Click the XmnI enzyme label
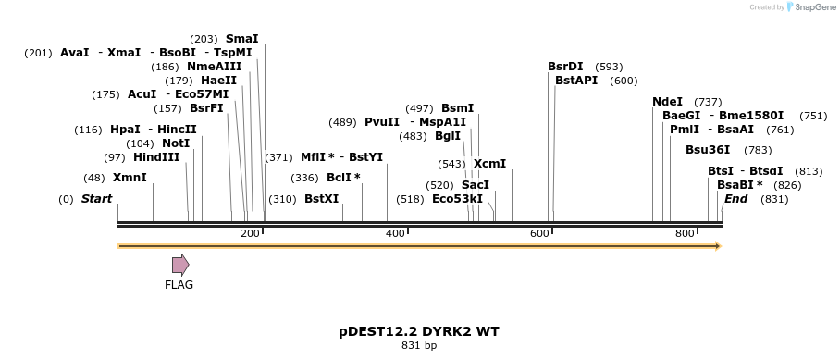pyautogui.click(x=130, y=178)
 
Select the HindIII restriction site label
pyautogui.click(x=156, y=157)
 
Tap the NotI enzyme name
pyautogui.click(x=175, y=143)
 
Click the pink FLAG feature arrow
pyautogui.click(x=179, y=265)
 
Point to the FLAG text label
pyautogui.click(x=179, y=285)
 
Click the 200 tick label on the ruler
pyautogui.click(x=250, y=234)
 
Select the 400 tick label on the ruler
pyautogui.click(x=395, y=234)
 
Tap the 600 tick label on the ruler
pyautogui.click(x=540, y=234)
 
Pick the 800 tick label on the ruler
pyautogui.click(x=685, y=234)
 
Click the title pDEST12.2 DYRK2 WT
pyautogui.click(x=419, y=331)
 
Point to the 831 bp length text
pyautogui.click(x=419, y=346)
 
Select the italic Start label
pyautogui.click(x=96, y=199)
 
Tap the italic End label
pyautogui.click(x=735, y=199)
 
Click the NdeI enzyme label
pyautogui.click(x=667, y=102)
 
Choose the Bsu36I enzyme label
pyautogui.click(x=708, y=150)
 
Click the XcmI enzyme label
pyautogui.click(x=489, y=164)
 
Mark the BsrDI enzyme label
pyautogui.click(x=565, y=67)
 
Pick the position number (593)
pyautogui.click(x=609, y=67)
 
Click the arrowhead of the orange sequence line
pyautogui.click(x=717, y=246)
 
